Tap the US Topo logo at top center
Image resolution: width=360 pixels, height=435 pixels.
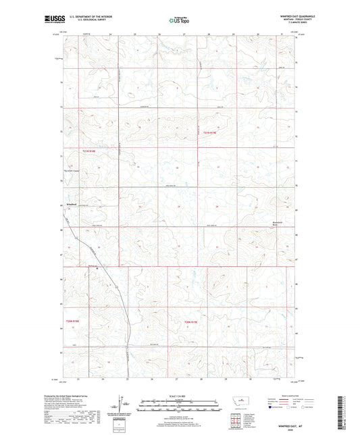point(178,20)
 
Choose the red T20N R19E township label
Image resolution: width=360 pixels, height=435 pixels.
point(194,322)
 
